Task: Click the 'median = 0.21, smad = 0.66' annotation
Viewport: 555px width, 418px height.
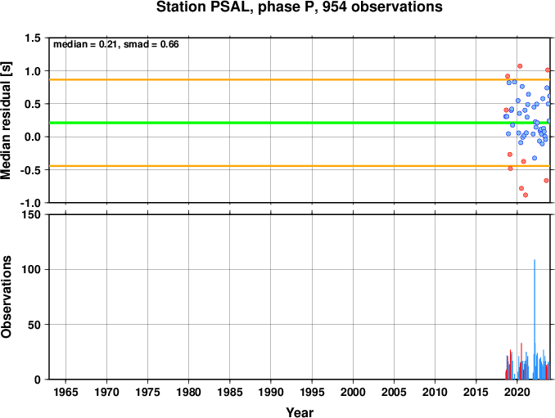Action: pos(116,44)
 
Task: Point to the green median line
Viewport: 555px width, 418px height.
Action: pos(300,123)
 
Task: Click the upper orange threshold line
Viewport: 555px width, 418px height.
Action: pos(300,79)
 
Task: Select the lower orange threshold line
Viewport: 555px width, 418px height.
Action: pos(300,166)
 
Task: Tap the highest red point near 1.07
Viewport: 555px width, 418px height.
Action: pos(520,66)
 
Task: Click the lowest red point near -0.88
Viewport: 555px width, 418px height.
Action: pos(526,195)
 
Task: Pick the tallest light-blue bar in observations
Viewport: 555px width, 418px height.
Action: pos(535,319)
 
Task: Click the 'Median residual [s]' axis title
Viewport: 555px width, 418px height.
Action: pos(6,120)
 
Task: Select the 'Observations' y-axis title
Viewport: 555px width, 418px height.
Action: pos(6,297)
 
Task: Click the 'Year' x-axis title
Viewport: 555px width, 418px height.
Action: pos(300,412)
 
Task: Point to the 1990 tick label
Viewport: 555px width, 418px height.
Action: pos(271,392)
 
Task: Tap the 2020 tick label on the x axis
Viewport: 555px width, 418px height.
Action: pos(517,392)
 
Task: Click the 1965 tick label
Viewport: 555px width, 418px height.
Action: pos(65,392)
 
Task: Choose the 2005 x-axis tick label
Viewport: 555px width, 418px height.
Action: pos(394,392)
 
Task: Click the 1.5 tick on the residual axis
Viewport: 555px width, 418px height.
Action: pos(33,38)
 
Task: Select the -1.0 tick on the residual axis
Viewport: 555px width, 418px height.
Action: pos(30,203)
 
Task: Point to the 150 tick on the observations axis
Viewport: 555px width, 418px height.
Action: pos(31,214)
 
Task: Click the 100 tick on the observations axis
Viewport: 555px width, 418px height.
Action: pos(31,269)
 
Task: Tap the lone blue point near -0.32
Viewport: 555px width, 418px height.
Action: pos(535,158)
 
